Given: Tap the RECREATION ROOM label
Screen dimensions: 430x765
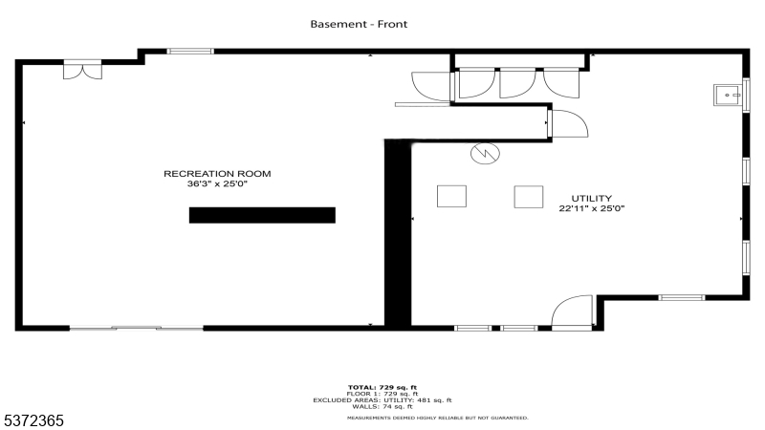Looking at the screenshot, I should click(218, 173).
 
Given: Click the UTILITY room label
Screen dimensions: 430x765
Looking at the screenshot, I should click(592, 198).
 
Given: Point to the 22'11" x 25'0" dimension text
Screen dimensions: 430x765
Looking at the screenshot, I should click(592, 208).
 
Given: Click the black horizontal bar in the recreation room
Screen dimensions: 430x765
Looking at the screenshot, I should click(262, 215).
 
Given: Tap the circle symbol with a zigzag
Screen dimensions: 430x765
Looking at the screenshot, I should click(485, 152).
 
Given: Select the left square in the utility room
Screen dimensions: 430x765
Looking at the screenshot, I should click(451, 196).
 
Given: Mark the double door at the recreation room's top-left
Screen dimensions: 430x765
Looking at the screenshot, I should click(81, 70).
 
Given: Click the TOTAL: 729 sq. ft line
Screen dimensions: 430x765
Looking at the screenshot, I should click(382, 388).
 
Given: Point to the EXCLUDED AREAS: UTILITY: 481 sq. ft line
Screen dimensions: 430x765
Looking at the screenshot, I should click(382, 400).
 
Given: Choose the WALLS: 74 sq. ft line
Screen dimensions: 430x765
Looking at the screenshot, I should click(382, 407).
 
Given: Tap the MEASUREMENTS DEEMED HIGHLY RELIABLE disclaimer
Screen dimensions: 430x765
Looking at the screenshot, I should click(436, 418).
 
